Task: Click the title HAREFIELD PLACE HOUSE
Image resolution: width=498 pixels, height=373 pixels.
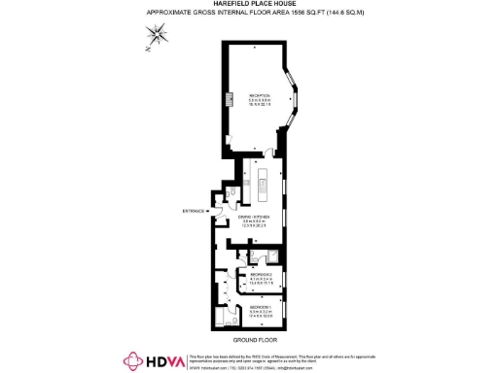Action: coord(248,5)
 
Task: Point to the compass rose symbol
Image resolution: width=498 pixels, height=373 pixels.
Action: coord(157,36)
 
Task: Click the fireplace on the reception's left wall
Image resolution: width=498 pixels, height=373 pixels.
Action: coord(230,99)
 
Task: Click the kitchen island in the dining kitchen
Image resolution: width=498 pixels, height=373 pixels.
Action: coord(263,179)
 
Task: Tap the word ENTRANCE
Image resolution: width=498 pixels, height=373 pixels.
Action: coord(195,211)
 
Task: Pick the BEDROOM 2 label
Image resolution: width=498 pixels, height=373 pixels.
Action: coord(261,276)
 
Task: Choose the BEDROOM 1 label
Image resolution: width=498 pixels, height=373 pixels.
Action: coord(260,307)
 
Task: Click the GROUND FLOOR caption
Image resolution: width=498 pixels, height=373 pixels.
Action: coord(249,341)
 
